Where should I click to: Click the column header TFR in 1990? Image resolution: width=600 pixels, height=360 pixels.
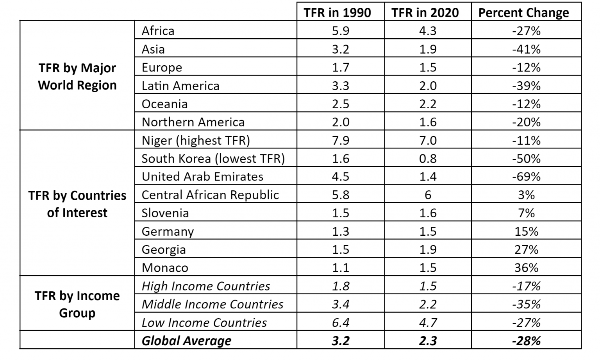337,13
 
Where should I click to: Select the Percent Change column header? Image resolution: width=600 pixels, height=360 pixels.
523,13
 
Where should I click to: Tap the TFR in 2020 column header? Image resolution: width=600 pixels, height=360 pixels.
425,13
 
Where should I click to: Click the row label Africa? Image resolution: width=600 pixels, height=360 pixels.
158,31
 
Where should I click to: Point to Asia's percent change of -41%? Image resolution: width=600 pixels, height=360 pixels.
526,49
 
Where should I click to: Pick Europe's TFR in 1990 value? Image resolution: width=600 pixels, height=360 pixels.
340,67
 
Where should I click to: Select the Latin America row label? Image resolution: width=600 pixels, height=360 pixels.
180,86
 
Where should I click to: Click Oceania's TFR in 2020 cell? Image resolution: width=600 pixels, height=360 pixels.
428,104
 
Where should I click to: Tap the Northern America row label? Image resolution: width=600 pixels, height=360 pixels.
193,122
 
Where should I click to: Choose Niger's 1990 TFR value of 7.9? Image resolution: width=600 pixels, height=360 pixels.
340,140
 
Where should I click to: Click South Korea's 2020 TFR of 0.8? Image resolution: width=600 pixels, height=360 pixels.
428,158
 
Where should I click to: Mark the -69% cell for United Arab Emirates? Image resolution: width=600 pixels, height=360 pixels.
526,177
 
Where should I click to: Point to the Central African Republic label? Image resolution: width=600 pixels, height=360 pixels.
210,195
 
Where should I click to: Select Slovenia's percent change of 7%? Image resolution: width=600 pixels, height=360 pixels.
526,213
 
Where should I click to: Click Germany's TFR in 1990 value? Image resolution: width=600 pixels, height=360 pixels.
340,231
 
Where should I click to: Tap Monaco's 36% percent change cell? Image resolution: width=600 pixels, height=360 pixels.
526,268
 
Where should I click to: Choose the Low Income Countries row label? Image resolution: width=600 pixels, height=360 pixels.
204,322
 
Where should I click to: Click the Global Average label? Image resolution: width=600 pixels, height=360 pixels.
186,340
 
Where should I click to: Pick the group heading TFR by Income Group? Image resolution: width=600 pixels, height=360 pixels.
77,304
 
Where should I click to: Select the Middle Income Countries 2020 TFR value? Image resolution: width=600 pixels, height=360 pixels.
428,304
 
